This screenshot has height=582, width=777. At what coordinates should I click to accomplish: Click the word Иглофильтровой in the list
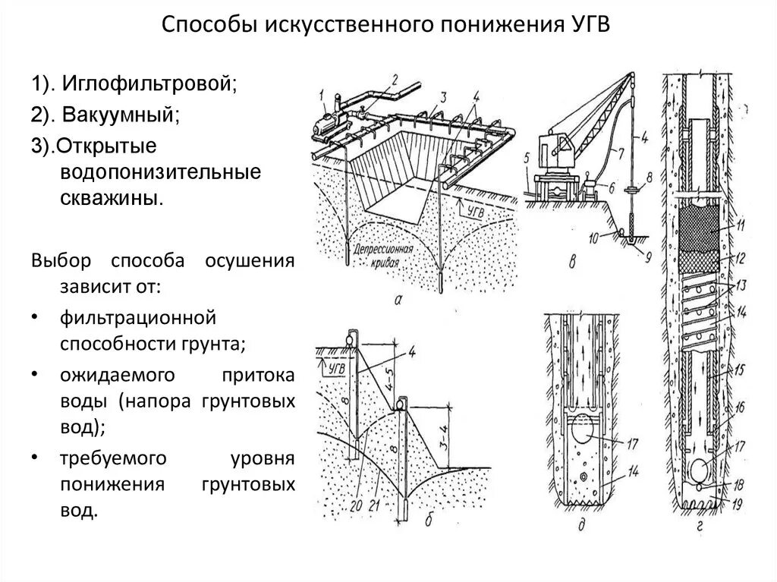tap(149, 83)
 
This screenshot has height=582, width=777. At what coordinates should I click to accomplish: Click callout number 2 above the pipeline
tap(395, 79)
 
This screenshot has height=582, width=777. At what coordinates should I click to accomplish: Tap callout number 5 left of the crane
tap(525, 159)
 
